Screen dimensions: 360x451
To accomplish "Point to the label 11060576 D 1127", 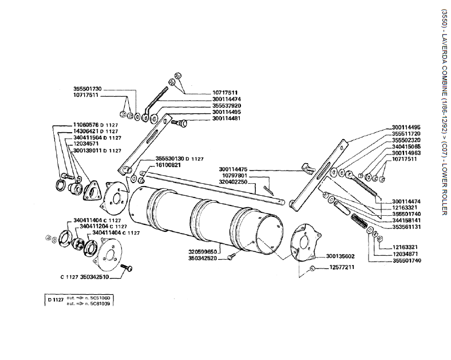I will (96, 125).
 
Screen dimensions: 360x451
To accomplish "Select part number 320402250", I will (233, 181).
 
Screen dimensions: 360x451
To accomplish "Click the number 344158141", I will (406, 220).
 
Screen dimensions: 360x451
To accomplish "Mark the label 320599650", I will (203, 251).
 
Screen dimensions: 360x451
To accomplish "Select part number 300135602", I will (341, 256).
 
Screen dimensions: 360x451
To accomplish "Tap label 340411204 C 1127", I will (104, 226).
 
